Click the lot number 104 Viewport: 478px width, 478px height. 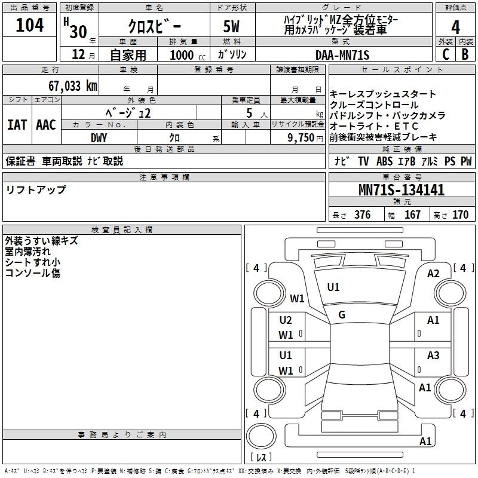(29, 25)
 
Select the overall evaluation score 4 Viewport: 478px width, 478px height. (455, 27)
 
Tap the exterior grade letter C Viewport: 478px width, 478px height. (446, 54)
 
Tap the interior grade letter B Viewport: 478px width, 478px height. (465, 54)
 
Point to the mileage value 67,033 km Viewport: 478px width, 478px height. (73, 86)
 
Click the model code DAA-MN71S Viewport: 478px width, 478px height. (342, 55)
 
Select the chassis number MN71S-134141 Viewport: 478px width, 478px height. (402, 190)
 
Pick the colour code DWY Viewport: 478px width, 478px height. (99, 138)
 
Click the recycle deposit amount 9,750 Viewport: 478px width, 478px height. (301, 138)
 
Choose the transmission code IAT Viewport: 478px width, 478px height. (17, 125)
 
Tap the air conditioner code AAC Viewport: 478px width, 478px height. (46, 125)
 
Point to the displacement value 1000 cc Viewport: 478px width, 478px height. (188, 55)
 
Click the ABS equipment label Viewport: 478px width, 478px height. (384, 161)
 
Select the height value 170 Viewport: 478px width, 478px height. (460, 215)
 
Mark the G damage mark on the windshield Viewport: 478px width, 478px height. (342, 314)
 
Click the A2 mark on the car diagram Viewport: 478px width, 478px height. (433, 274)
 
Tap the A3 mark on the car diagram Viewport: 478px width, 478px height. (433, 355)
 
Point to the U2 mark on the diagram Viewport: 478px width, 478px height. (286, 320)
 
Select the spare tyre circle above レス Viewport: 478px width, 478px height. (261, 436)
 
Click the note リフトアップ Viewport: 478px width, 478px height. (36, 190)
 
